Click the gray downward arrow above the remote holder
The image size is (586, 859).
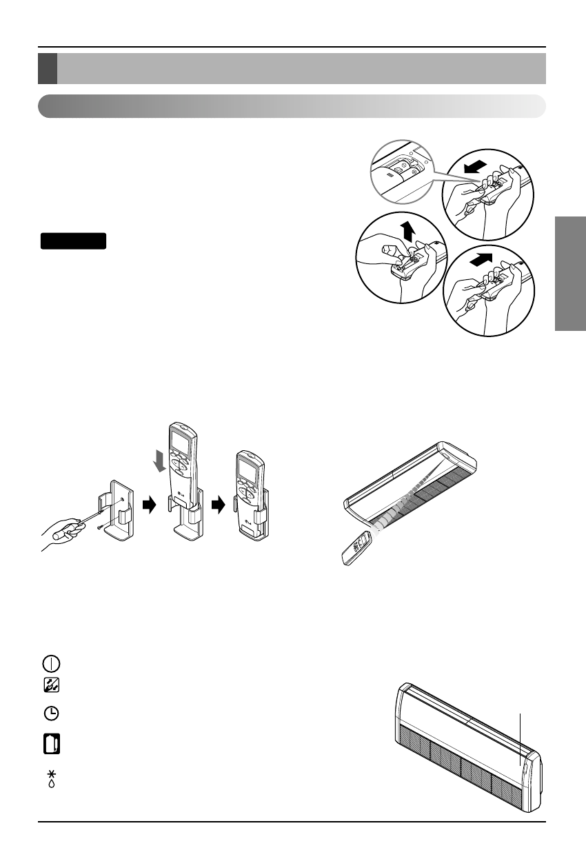pos(159,460)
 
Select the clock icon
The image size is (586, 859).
pos(54,714)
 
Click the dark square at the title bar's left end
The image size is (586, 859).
pos(47,68)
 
